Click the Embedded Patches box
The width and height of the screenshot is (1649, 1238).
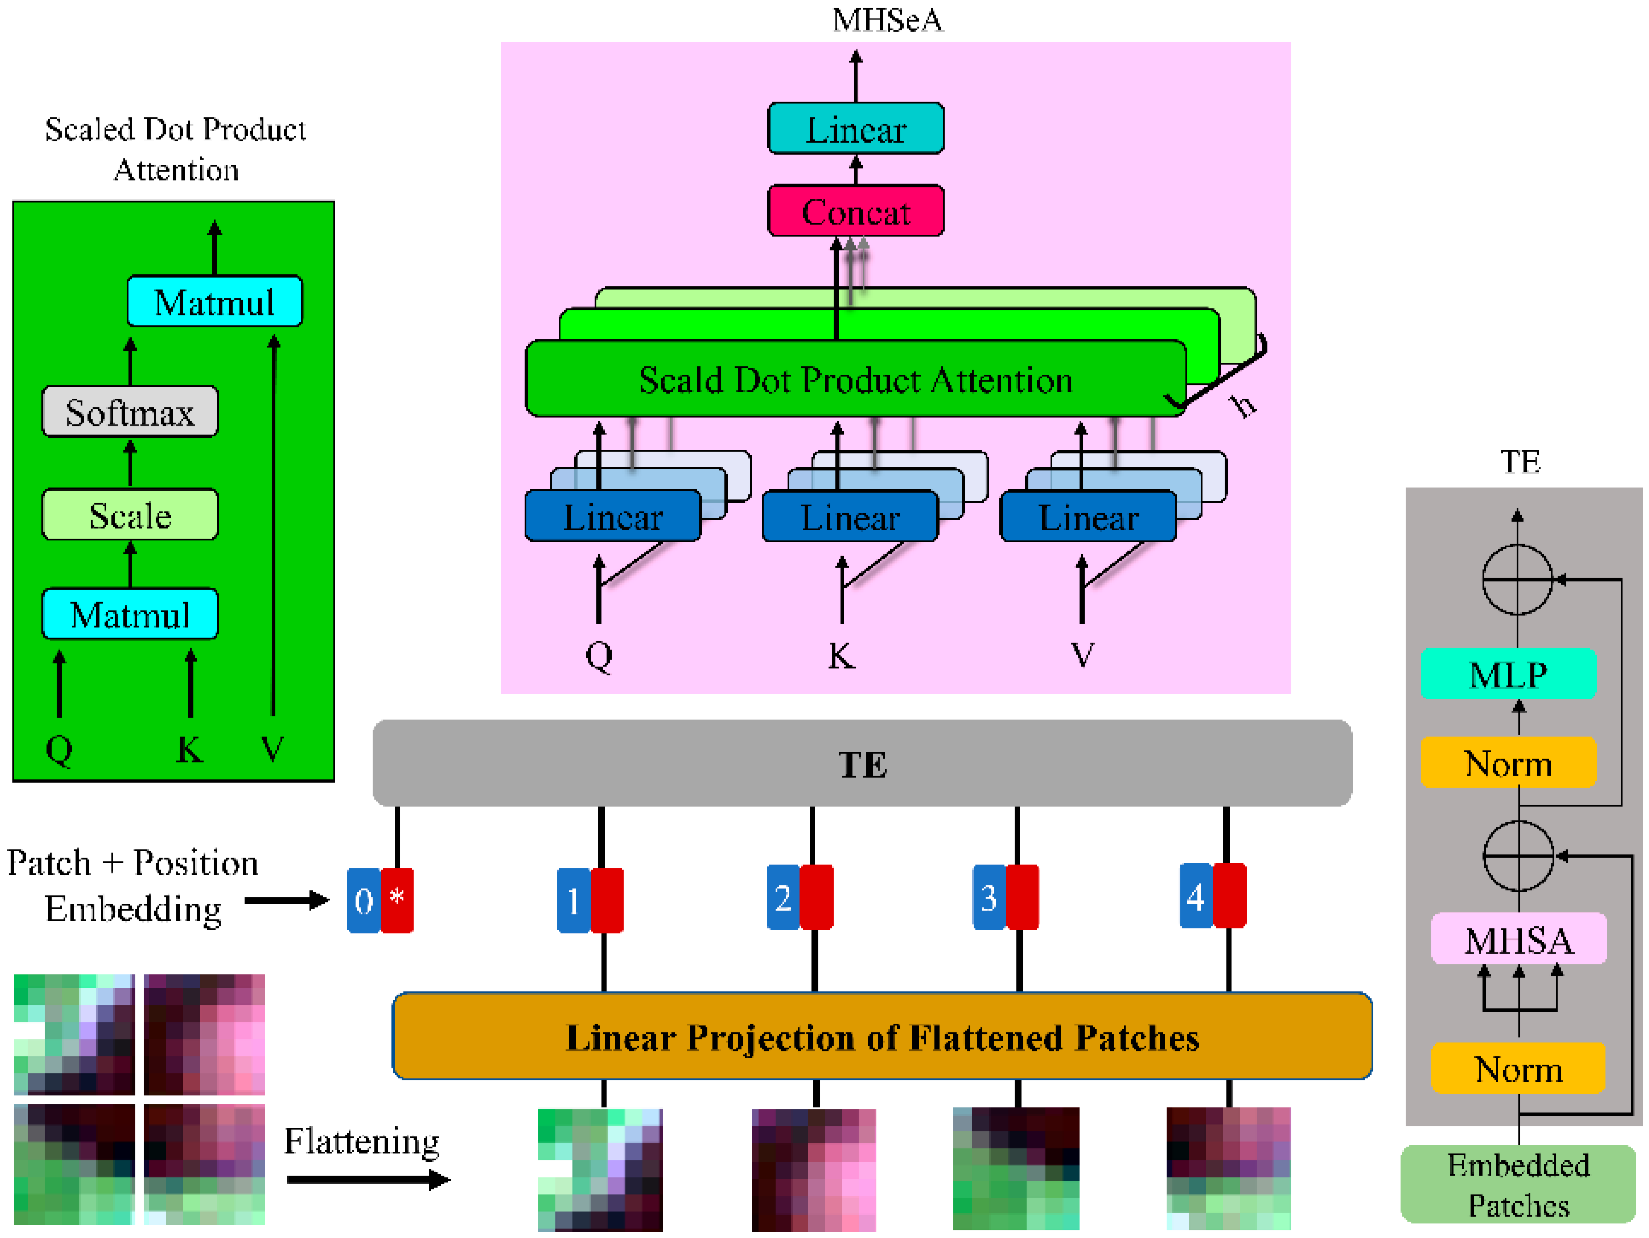tap(1518, 1184)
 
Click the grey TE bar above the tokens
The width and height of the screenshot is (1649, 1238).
tap(862, 763)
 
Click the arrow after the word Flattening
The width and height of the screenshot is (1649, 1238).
tap(368, 1180)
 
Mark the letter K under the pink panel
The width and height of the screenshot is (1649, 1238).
tap(842, 656)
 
